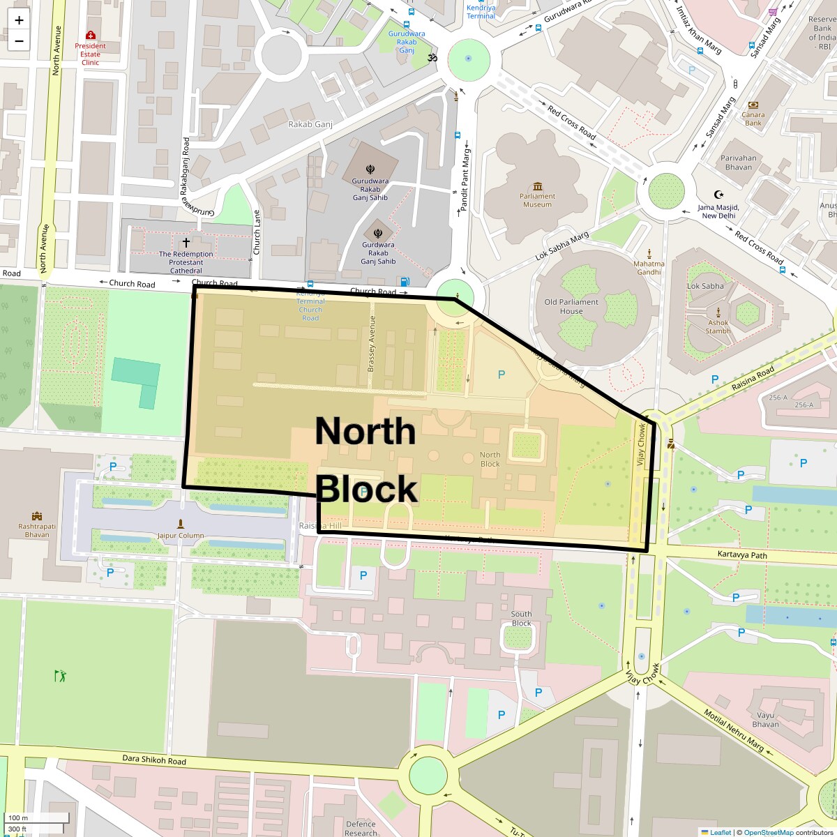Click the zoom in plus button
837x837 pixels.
[x=19, y=20]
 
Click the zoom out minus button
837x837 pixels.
[x=19, y=41]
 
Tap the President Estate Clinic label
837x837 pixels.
[x=91, y=54]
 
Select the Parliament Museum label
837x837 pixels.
[x=537, y=200]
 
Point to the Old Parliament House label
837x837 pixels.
[x=571, y=306]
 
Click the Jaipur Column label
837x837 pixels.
[x=181, y=536]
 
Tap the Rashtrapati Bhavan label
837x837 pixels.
[x=37, y=531]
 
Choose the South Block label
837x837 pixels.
[x=521, y=619]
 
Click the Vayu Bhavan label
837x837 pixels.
[x=765, y=719]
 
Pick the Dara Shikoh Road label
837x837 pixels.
[x=154, y=760]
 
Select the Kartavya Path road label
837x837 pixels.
[x=742, y=555]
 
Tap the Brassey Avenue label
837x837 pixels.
[x=372, y=343]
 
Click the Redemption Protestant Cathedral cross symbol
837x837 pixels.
[x=186, y=243]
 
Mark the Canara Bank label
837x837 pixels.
[x=753, y=119]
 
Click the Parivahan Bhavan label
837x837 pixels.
[x=739, y=163]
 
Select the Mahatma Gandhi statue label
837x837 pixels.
[x=649, y=268]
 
